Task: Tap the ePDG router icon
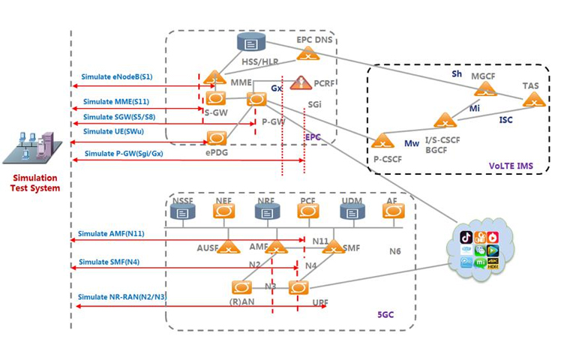[217, 137]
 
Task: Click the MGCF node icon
[486, 89]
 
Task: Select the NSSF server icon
[181, 211]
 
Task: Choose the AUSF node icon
[227, 246]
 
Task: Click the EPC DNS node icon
[307, 52]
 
